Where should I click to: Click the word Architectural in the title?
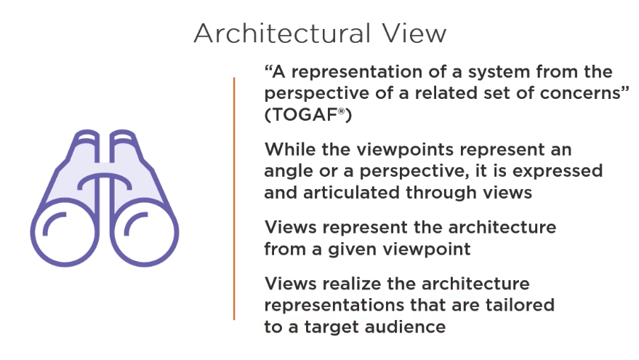[282, 33]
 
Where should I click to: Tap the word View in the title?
[414, 33]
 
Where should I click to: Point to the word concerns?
[579, 93]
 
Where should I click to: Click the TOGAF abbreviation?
[305, 115]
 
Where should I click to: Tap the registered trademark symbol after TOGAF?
[342, 111]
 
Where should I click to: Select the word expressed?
[558, 172]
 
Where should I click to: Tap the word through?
[441, 193]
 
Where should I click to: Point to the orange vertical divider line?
[234, 199]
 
